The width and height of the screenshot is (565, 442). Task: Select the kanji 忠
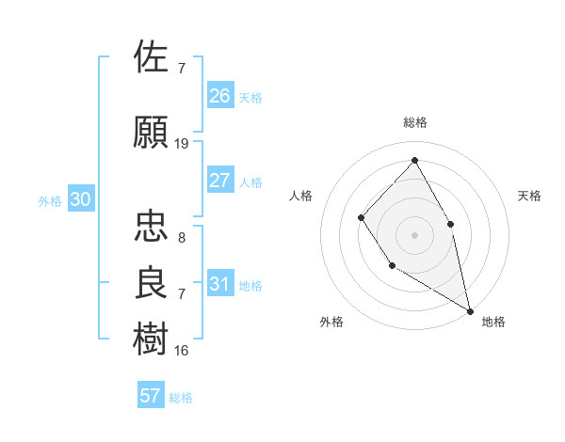click(152, 226)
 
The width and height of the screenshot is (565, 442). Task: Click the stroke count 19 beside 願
click(182, 144)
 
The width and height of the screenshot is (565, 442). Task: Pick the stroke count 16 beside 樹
click(182, 351)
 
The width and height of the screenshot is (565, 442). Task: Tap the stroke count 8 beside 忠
click(182, 238)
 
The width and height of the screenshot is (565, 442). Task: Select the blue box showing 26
click(219, 96)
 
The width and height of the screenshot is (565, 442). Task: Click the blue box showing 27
click(219, 181)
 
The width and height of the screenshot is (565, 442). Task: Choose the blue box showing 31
click(219, 284)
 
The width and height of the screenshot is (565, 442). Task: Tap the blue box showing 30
click(80, 199)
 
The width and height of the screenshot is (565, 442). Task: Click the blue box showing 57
click(150, 396)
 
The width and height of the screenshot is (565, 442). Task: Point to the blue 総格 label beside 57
click(181, 398)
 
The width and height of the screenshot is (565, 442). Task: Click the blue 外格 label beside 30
click(50, 201)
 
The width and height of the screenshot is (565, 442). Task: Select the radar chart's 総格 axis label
click(414, 122)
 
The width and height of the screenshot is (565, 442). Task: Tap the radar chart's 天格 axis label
click(529, 196)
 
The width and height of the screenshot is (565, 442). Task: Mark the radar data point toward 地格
click(469, 309)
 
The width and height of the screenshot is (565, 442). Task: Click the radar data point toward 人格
click(362, 218)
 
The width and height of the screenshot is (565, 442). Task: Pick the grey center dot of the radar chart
click(414, 235)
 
